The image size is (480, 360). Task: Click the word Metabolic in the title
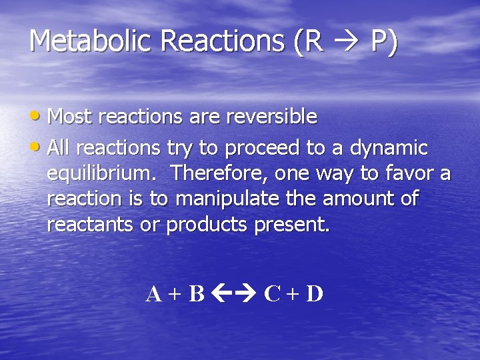point(91,41)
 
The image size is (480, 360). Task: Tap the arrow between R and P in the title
point(347,43)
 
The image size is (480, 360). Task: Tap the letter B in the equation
point(196,293)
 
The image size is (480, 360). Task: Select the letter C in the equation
point(272,293)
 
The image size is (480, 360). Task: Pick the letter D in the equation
point(314,293)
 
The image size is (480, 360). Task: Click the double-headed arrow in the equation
point(234,293)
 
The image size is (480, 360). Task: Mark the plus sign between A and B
point(175,294)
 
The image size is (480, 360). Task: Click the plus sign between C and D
point(293,294)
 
